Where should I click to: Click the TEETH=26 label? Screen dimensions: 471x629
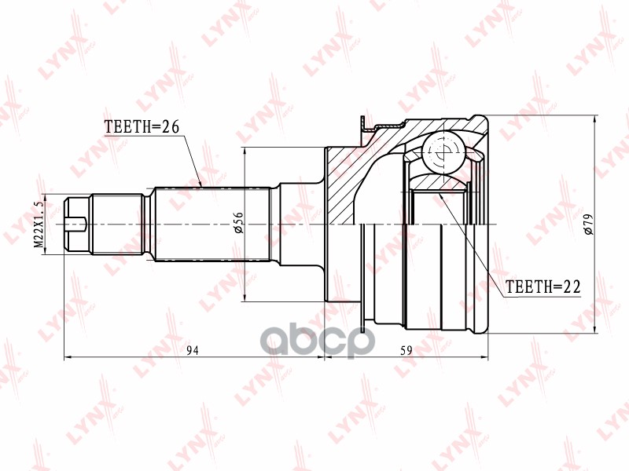[143, 126]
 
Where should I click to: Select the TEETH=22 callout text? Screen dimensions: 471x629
[542, 287]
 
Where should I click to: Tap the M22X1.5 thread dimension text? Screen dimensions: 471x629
[37, 225]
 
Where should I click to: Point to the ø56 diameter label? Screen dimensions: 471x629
[237, 225]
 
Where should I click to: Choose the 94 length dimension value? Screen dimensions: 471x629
[193, 351]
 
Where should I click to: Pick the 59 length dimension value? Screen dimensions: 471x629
[406, 351]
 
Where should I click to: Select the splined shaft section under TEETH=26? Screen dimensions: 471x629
[212, 224]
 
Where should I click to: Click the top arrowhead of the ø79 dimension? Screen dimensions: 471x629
[594, 120]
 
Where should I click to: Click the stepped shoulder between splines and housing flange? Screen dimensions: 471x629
[299, 224]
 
